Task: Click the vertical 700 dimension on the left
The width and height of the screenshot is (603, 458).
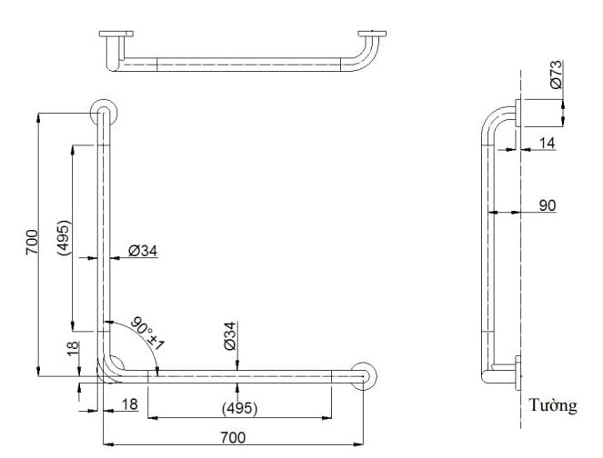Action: click(x=31, y=242)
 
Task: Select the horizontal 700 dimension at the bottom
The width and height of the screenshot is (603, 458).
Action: click(x=233, y=437)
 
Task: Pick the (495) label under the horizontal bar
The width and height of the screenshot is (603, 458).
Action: click(x=238, y=407)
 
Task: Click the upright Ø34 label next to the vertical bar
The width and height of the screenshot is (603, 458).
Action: click(x=144, y=251)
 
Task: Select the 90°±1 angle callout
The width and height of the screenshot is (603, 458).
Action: click(x=149, y=333)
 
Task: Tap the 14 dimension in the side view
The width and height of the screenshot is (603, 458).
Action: click(x=547, y=143)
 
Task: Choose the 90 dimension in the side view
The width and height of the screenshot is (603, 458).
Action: click(x=547, y=206)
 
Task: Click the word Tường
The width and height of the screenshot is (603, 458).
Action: click(x=554, y=405)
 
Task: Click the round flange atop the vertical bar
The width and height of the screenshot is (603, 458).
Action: click(x=103, y=114)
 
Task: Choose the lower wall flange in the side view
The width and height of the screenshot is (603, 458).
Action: click(x=518, y=373)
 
